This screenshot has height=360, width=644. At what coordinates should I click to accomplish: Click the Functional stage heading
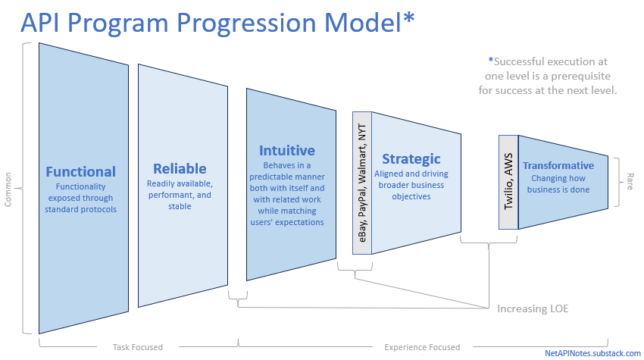(80, 171)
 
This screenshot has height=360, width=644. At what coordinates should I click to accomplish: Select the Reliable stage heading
(180, 168)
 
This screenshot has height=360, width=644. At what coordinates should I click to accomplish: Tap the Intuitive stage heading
(286, 150)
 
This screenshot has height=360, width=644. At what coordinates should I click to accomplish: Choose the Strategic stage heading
(411, 159)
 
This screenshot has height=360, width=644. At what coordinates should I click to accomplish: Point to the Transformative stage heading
(558, 165)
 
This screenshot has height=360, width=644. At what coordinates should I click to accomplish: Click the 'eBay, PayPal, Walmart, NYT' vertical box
(362, 183)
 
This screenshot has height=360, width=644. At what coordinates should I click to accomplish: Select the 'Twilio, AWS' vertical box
(508, 182)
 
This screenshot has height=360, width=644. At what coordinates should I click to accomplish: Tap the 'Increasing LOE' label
(533, 308)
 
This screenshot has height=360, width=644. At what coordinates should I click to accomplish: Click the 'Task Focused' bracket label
(138, 347)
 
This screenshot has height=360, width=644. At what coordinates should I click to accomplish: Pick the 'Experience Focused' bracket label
(422, 347)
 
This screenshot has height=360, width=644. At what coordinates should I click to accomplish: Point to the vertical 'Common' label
(8, 189)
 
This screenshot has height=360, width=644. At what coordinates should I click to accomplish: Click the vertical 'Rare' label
(630, 181)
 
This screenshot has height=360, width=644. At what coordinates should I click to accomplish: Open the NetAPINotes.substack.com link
(592, 353)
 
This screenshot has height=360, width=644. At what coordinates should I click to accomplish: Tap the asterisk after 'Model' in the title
(408, 18)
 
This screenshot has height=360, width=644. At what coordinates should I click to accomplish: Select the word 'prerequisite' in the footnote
(580, 76)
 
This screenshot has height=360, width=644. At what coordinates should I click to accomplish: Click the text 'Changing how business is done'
(558, 183)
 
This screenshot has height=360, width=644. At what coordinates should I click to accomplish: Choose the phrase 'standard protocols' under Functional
(80, 210)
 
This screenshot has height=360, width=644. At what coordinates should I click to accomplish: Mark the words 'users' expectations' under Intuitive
(287, 222)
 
